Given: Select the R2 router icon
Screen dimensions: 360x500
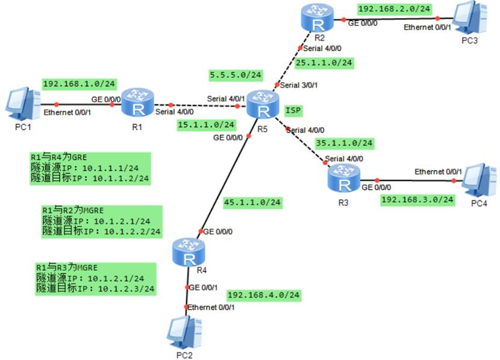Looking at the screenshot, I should click(x=318, y=22).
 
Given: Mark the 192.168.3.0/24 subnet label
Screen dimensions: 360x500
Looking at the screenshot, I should click(x=417, y=199).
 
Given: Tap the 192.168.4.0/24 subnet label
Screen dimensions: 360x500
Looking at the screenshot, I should click(x=263, y=295).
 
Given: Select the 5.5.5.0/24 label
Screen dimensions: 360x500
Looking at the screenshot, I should click(x=236, y=75).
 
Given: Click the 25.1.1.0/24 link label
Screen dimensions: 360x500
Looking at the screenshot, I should click(x=324, y=62).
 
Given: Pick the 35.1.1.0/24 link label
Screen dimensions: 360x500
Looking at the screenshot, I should click(x=345, y=143).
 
